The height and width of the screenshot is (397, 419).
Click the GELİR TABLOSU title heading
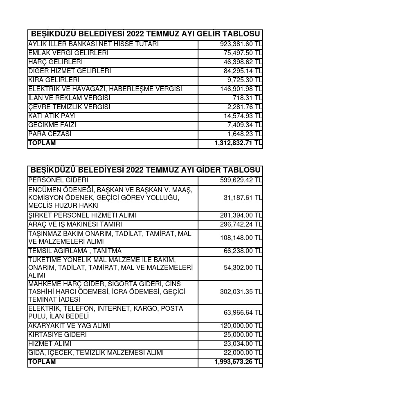coord(145,34)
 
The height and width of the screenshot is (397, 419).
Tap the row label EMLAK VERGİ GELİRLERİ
coord(68,53)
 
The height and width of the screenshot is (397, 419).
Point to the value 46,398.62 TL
coord(242,62)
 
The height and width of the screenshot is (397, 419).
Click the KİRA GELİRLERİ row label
coord(54,80)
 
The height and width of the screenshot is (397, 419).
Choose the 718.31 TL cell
coord(247,98)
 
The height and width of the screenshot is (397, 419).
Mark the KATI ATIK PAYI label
coord(52,116)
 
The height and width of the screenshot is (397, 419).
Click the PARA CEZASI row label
coord(50,134)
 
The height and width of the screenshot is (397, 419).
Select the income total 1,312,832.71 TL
coord(238,143)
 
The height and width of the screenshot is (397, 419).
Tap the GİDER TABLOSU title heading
coord(145,170)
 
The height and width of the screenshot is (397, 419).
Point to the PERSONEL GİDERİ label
coord(58,180)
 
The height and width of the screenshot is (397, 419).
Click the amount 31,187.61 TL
coord(242,198)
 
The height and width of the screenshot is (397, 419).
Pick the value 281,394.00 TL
coord(241,215)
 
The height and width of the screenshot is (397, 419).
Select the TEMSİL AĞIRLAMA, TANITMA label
coord(75,251)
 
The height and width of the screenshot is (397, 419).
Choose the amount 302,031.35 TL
coord(241,292)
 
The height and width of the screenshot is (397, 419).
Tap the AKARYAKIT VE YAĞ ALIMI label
coord(69,326)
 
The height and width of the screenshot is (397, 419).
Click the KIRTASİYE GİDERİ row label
coord(58,335)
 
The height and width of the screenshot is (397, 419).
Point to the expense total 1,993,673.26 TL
coord(238,362)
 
